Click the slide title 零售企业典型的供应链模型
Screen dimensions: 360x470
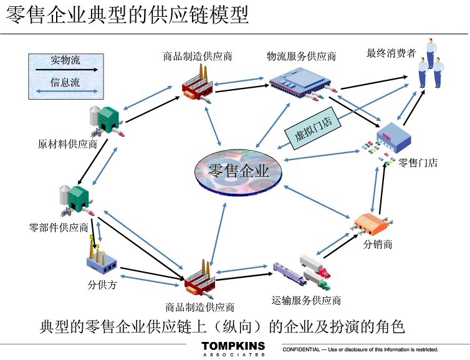tap(128, 15)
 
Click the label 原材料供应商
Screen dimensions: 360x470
tap(67, 144)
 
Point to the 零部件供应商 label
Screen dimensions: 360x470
tap(59, 227)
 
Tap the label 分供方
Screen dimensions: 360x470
tap(102, 286)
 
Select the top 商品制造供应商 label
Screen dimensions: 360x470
tap(198, 57)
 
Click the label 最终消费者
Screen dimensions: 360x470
tap(391, 54)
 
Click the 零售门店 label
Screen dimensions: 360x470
tap(418, 163)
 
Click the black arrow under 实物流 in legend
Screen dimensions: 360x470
tap(65, 70)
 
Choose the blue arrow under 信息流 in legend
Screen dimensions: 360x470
tap(65, 91)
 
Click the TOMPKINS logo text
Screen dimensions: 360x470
tap(233, 346)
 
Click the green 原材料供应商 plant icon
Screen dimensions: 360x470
tap(107, 120)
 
